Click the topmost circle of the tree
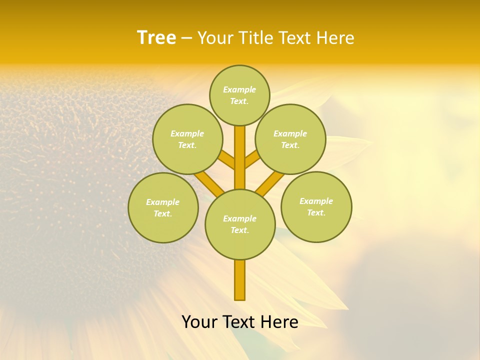tap(239, 95)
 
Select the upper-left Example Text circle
tap(187, 139)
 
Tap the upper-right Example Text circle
tap(290, 139)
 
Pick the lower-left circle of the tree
tap(163, 207)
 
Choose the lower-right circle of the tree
tap(316, 206)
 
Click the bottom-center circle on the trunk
tap(240, 224)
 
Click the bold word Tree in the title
tap(156, 37)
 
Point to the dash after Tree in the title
tap(186, 38)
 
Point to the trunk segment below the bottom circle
tap(240, 280)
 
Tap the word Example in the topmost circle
tap(239, 89)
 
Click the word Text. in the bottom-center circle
tap(239, 230)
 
